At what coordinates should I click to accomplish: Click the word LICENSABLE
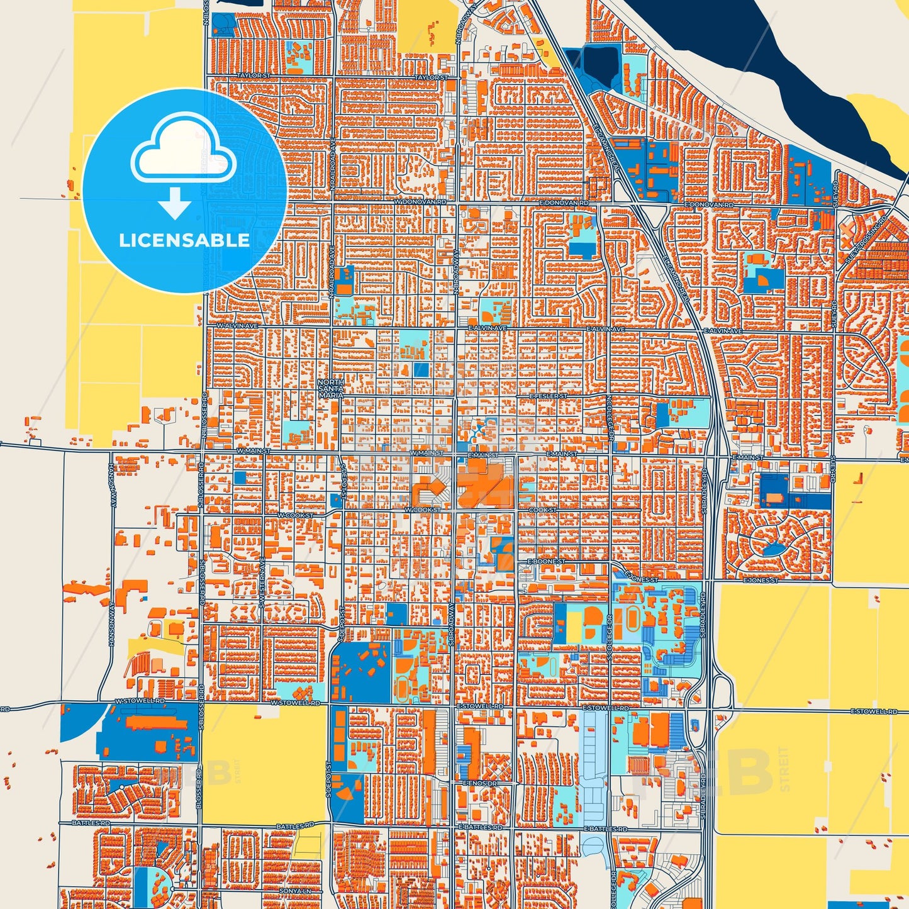pos(184,240)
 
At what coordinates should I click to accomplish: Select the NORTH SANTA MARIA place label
pos(330,389)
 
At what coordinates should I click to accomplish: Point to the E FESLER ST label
pos(548,396)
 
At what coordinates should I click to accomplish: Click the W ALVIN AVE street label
pos(237,326)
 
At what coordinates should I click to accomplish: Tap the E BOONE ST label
pos(545,560)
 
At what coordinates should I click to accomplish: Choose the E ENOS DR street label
pos(479,783)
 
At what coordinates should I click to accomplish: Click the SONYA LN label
pos(295,891)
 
